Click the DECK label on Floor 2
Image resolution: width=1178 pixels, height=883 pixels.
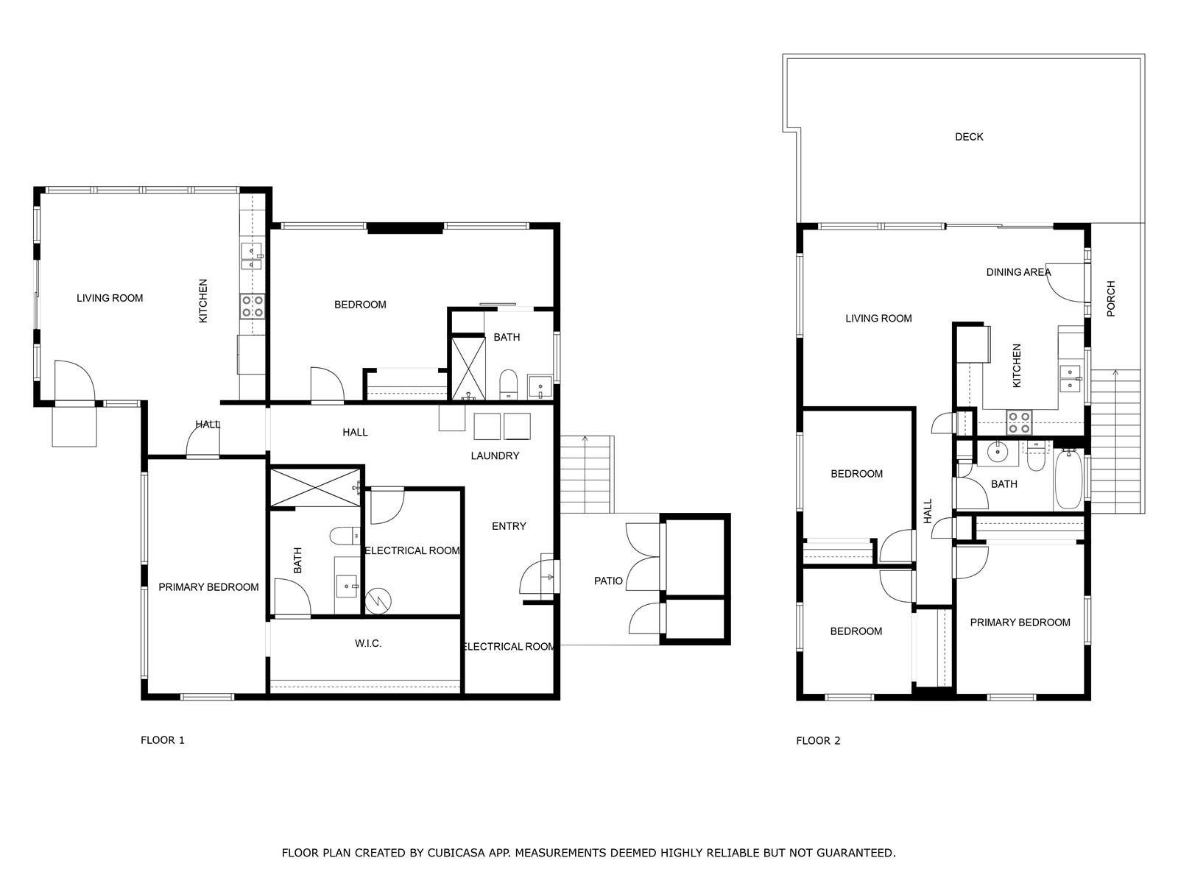969,137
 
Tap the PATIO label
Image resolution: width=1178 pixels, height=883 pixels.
608,581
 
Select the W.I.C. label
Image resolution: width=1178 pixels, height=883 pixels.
368,643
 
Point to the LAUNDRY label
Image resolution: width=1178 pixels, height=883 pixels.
495,455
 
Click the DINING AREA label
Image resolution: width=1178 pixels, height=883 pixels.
1018,272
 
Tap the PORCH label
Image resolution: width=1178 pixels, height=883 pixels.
1111,299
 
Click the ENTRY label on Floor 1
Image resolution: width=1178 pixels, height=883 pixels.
509,526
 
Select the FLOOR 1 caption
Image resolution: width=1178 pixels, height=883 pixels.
163,740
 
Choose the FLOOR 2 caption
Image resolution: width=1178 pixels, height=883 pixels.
818,741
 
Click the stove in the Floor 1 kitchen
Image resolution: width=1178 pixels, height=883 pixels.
253,306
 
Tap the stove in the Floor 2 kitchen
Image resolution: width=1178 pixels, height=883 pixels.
1018,422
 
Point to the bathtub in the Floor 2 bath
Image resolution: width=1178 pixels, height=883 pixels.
1068,479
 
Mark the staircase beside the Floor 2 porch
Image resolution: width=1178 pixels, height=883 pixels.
1115,441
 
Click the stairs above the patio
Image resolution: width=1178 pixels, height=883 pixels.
586,475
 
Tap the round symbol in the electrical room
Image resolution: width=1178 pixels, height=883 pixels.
378,601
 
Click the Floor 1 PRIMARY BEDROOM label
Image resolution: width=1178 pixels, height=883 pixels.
209,588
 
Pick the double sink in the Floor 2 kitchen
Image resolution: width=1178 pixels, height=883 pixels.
1070,379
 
